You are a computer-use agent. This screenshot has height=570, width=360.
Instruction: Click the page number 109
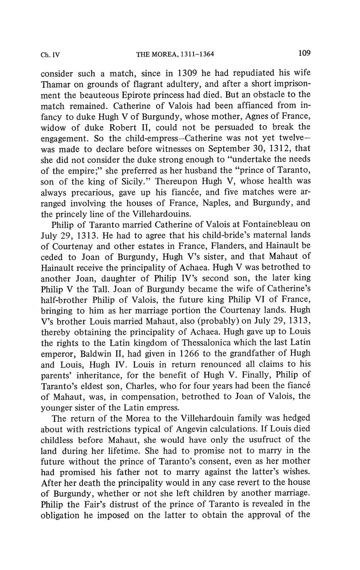[303, 53]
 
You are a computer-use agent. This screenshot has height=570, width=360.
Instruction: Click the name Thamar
[55, 84]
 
